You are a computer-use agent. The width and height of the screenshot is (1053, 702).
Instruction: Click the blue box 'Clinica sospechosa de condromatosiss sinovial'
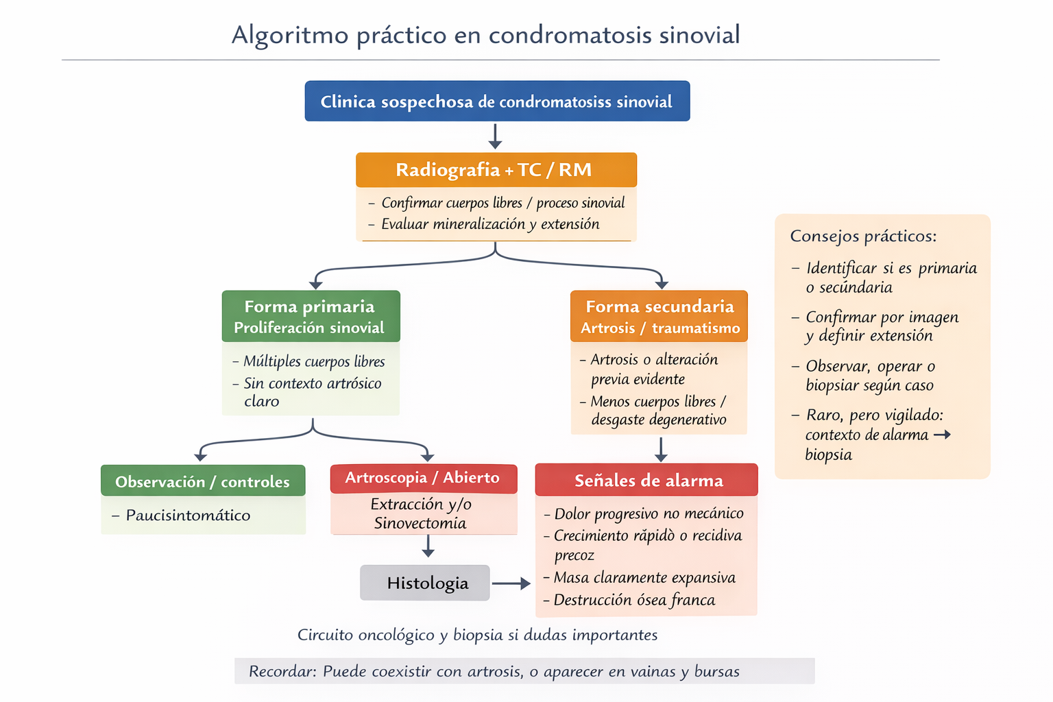click(x=497, y=101)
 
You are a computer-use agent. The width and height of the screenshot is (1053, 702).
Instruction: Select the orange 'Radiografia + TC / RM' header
click(x=496, y=169)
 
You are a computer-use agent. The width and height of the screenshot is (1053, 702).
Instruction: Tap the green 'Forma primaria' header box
click(x=311, y=316)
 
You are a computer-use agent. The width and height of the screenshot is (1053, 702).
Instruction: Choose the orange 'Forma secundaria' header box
click(x=659, y=316)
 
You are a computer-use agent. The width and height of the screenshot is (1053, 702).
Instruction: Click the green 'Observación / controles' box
click(x=203, y=481)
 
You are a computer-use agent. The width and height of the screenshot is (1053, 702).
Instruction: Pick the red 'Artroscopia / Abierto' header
click(x=423, y=479)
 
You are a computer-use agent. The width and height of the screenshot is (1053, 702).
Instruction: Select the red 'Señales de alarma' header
click(x=646, y=480)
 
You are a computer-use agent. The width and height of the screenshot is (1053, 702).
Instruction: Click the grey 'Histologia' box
click(x=425, y=583)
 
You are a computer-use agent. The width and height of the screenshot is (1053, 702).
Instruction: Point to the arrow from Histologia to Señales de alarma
click(x=511, y=583)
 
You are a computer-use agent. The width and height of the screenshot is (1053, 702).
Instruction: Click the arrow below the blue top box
click(x=496, y=136)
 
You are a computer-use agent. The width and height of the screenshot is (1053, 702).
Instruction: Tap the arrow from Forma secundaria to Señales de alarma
click(x=661, y=449)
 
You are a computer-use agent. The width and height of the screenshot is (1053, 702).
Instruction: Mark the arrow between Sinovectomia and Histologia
click(x=428, y=546)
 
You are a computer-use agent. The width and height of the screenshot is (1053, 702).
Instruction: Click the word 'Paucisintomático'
click(x=188, y=516)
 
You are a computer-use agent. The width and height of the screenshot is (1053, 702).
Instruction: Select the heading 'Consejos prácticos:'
click(x=863, y=237)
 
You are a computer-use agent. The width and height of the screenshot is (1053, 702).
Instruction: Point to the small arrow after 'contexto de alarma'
click(x=943, y=435)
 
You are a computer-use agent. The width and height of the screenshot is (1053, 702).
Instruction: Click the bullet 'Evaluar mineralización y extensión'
click(x=489, y=224)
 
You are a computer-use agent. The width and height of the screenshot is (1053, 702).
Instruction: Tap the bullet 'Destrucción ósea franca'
click(x=633, y=601)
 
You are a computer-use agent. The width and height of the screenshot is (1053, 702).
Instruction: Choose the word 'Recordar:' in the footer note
click(x=282, y=672)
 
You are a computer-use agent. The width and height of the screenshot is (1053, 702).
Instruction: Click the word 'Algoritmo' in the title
click(x=289, y=35)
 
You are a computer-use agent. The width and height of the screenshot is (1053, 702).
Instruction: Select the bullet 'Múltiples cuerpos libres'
click(x=314, y=361)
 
